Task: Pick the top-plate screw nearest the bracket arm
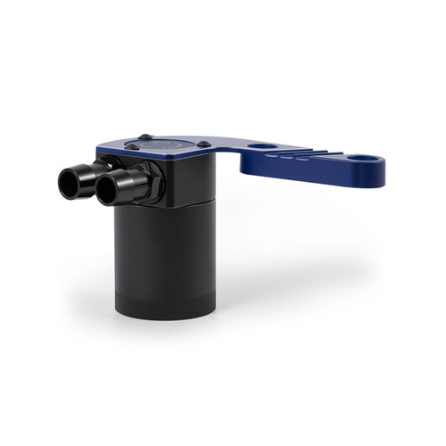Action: point(204,144)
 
